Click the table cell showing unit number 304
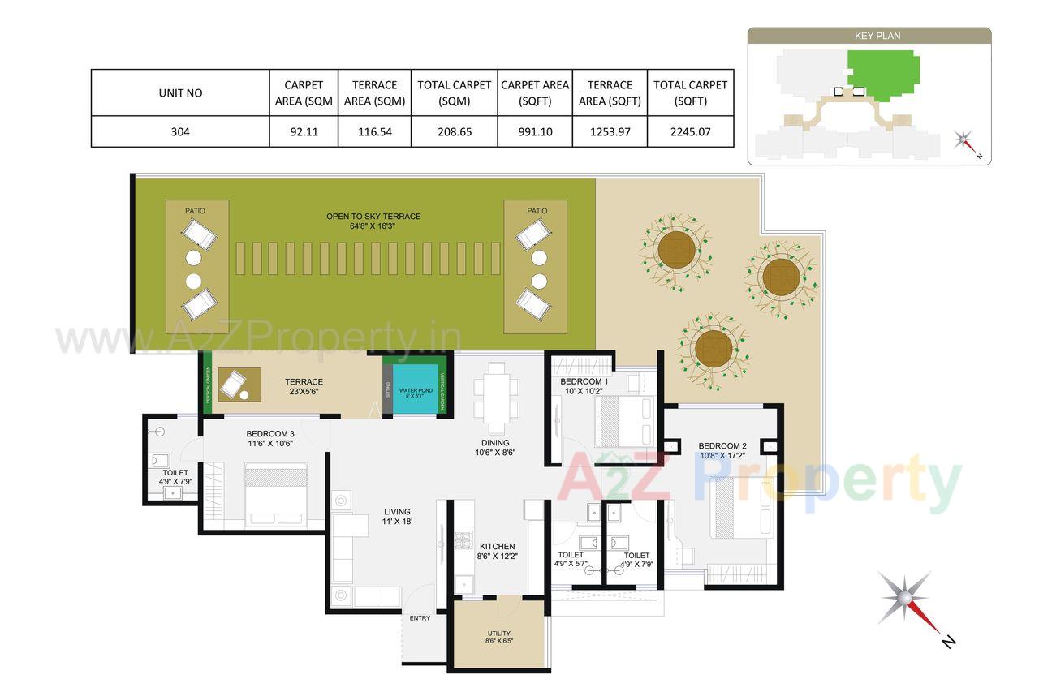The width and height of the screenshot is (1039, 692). [x=180, y=131]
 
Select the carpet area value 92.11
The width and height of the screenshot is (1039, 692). [x=304, y=131]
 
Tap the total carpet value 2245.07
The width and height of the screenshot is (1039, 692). [x=690, y=131]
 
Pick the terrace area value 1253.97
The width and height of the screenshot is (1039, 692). [x=610, y=131]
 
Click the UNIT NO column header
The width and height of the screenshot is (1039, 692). [x=180, y=92]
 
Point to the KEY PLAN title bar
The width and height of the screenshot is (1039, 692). [x=869, y=36]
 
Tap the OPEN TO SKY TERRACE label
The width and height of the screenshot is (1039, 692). [x=373, y=217]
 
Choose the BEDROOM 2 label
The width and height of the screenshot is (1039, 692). [x=722, y=445]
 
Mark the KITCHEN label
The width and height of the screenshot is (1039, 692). [x=497, y=547]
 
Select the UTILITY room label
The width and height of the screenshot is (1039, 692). [x=498, y=633]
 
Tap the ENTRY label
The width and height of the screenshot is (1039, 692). [x=420, y=618]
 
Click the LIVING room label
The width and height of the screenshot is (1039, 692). [x=397, y=512]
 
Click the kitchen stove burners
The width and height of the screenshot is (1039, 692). [x=463, y=540]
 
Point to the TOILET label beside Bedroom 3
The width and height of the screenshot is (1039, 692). [x=175, y=472]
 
